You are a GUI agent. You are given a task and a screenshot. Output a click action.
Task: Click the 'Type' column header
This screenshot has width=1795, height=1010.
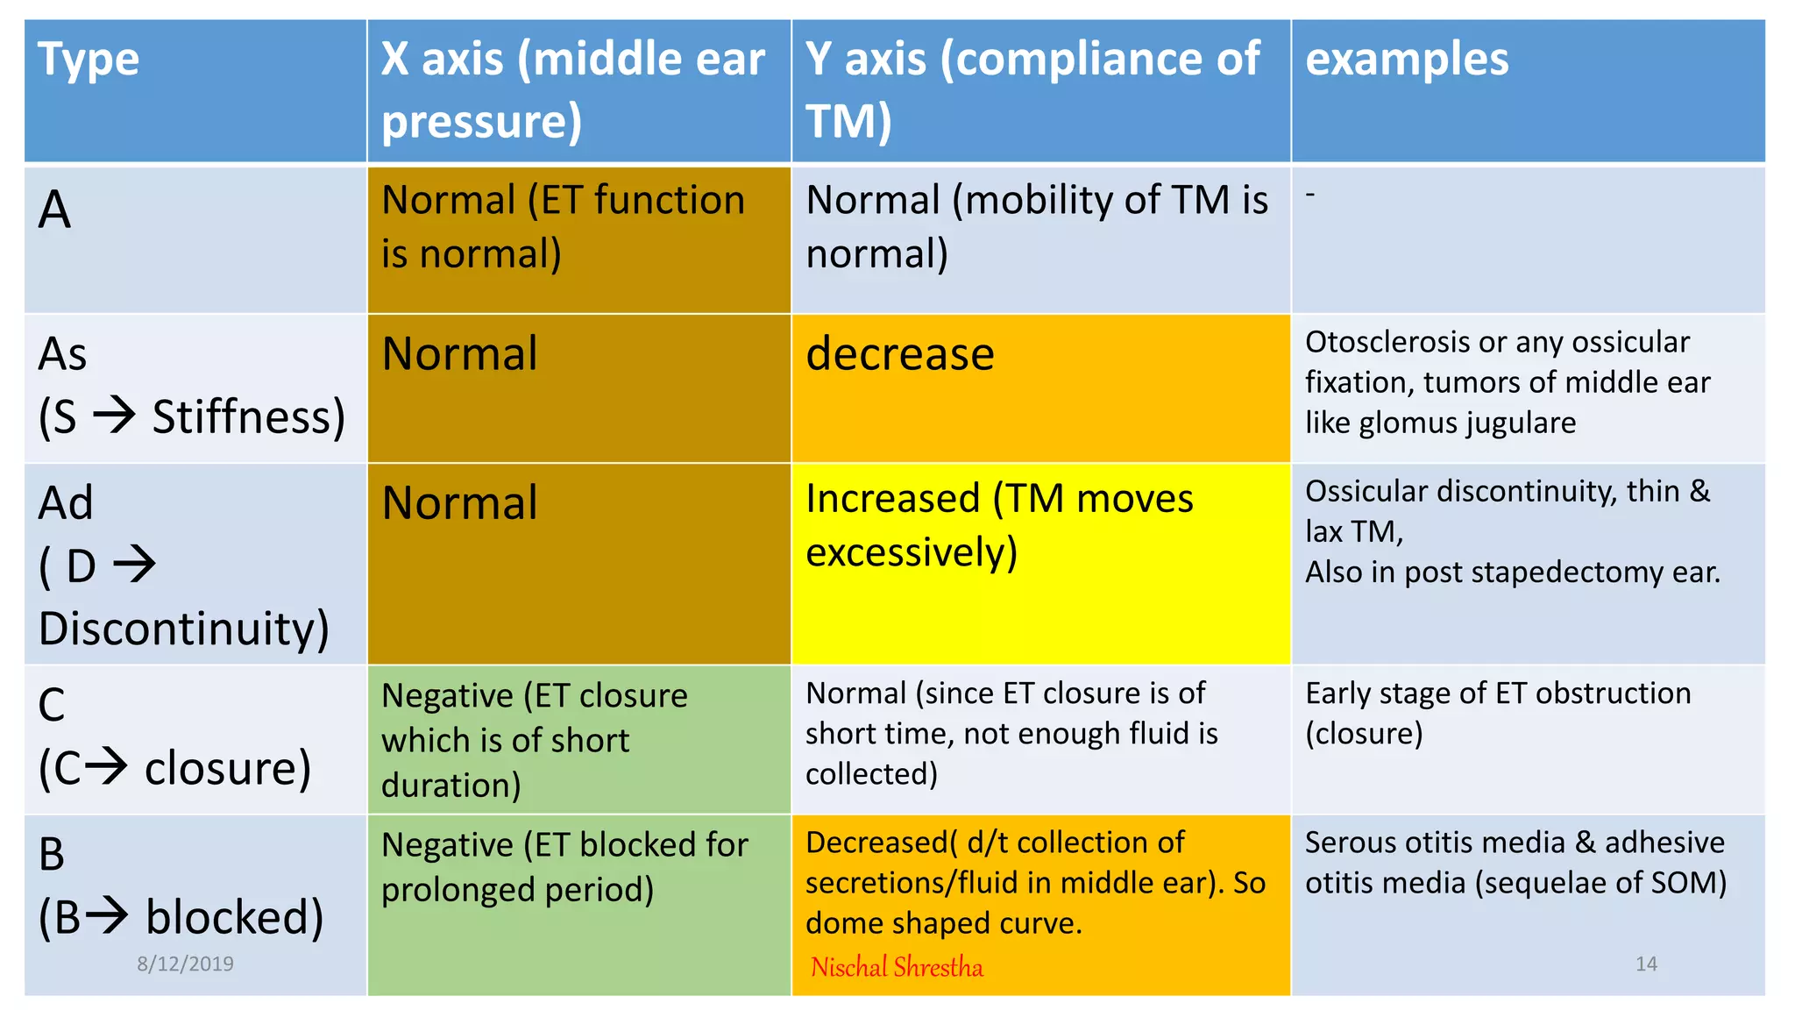[89, 60]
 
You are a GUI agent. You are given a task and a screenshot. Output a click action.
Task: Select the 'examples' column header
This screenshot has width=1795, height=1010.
[1407, 60]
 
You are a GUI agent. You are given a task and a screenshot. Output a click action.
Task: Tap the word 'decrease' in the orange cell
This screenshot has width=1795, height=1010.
[900, 354]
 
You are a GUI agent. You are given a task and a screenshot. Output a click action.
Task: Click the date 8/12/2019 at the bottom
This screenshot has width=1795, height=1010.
[185, 964]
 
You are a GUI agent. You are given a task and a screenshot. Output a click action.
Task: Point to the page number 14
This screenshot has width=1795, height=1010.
[1646, 964]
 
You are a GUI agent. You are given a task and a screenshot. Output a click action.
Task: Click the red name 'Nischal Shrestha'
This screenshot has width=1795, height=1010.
[897, 967]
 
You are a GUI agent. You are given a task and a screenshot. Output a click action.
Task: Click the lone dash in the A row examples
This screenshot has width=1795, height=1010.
[1310, 194]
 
